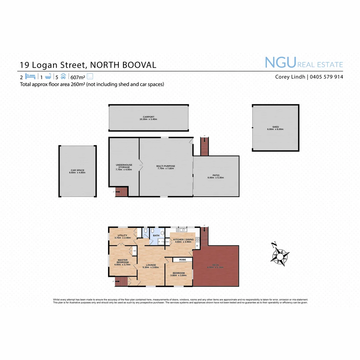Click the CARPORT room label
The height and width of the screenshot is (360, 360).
[x=148, y=117]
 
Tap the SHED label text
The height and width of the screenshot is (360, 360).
[x=275, y=127]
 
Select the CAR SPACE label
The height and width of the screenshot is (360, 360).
[x=78, y=170]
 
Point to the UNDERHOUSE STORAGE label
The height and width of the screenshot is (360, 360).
[x=124, y=166]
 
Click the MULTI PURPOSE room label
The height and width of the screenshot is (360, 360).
[x=166, y=166]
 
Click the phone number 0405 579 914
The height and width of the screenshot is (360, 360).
[x=327, y=77]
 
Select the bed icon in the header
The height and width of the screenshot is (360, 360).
[x=30, y=76]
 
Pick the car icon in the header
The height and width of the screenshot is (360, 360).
[x=63, y=76]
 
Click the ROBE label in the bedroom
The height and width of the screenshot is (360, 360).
[x=182, y=260]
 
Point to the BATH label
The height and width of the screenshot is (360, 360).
[x=156, y=236]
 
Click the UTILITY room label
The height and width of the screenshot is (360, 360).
[x=122, y=236]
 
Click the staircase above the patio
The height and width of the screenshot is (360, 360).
[x=204, y=147]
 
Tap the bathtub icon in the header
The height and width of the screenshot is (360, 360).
[x=48, y=76]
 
